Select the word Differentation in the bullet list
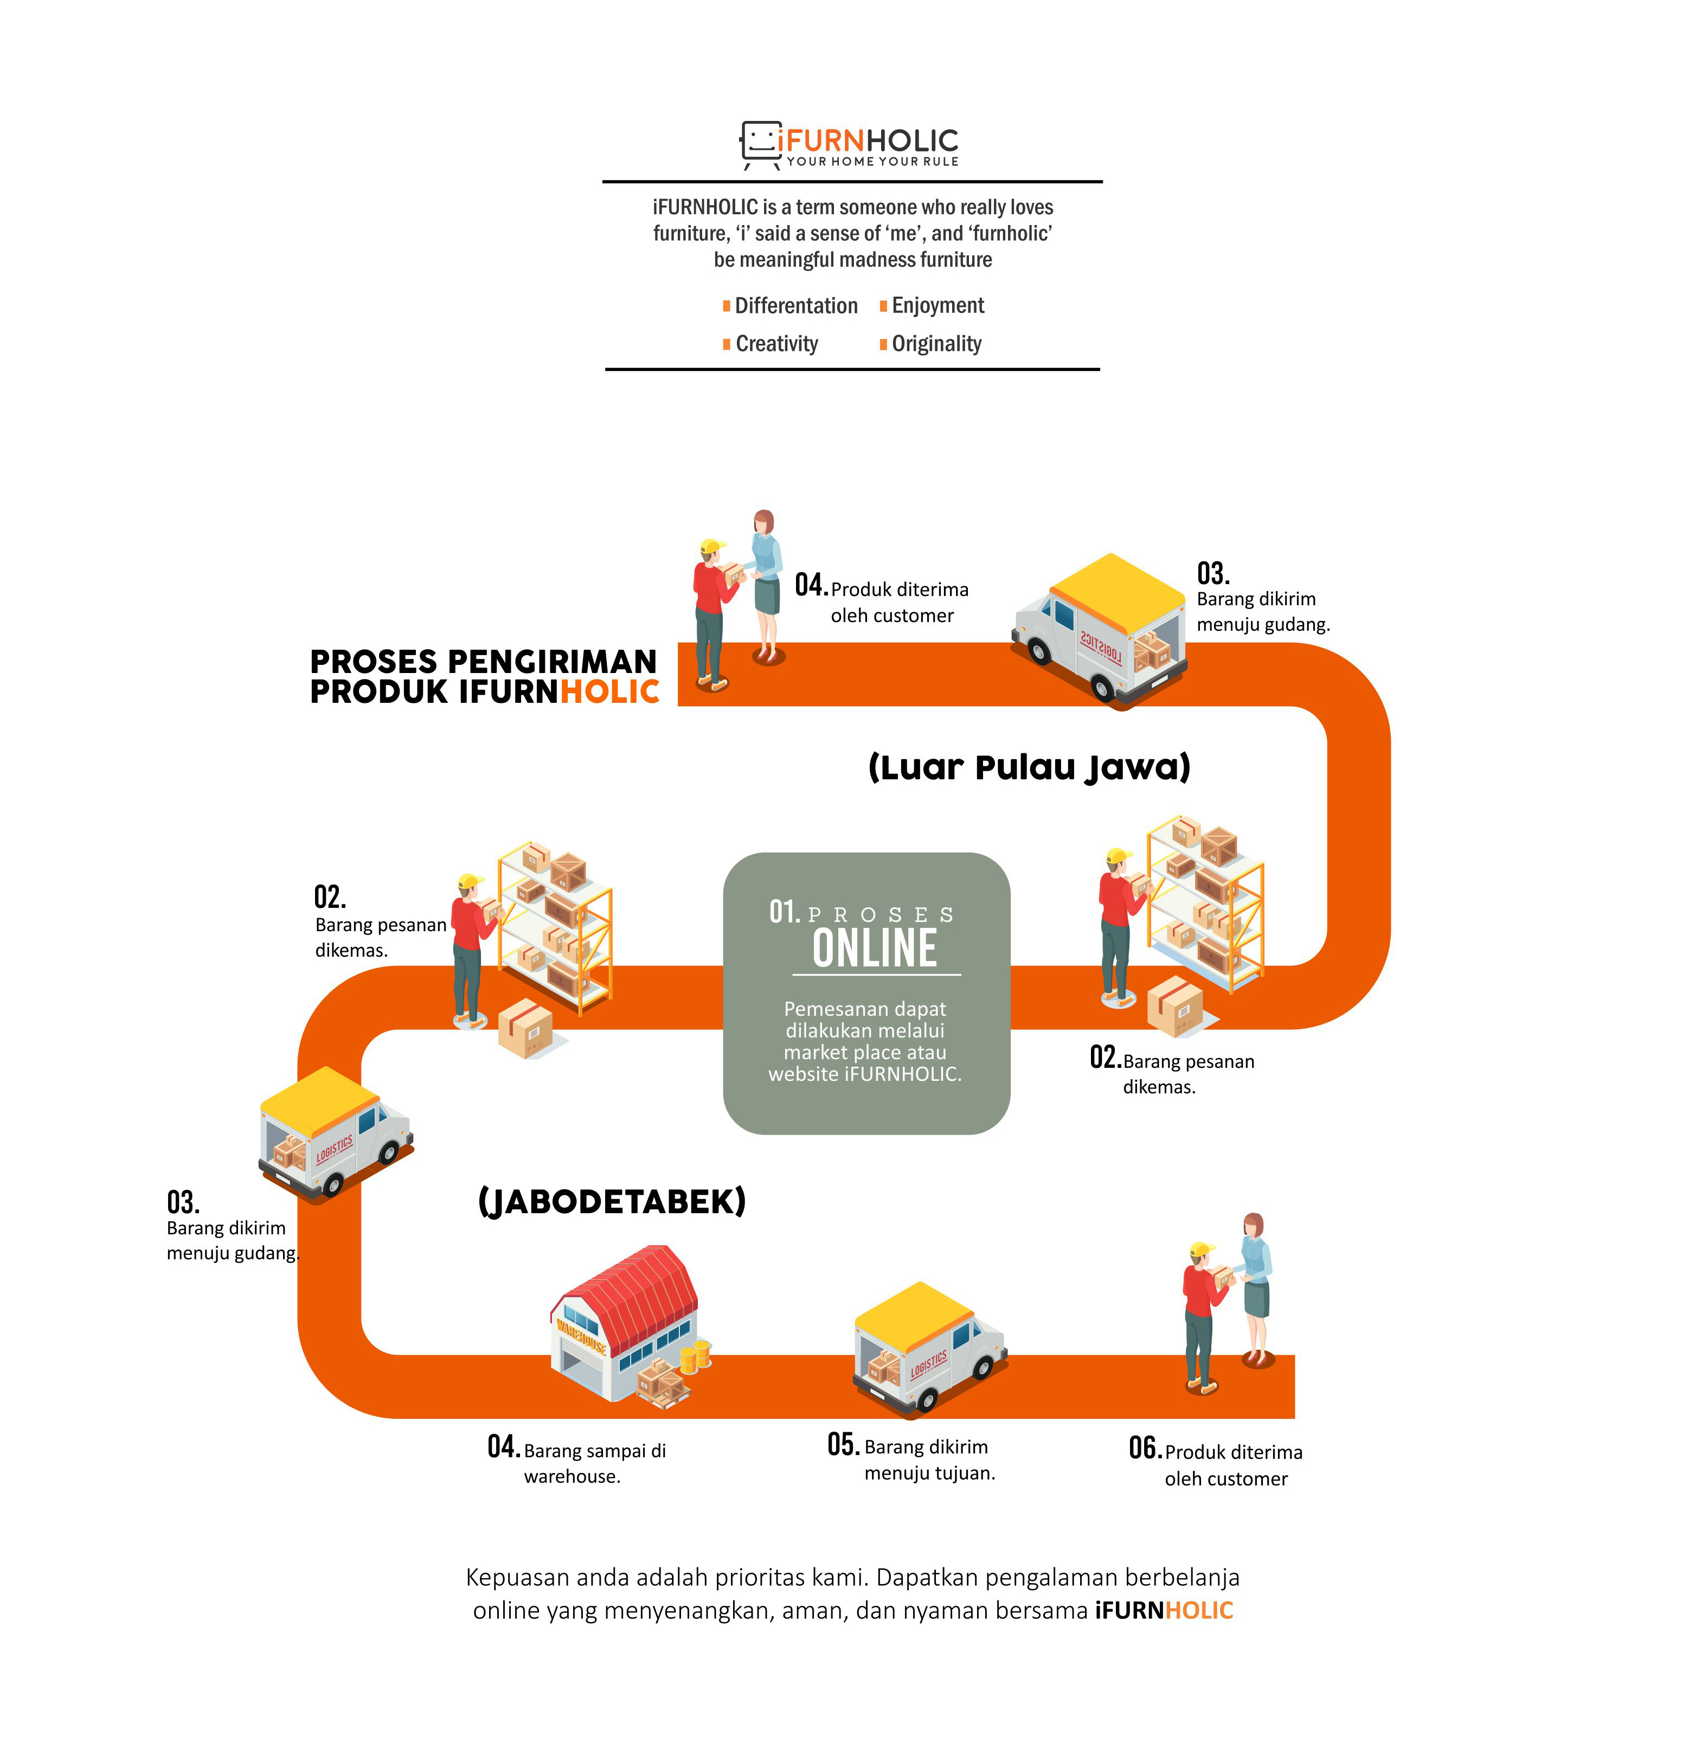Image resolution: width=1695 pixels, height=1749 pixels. (x=796, y=306)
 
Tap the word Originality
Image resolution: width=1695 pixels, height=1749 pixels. (x=937, y=344)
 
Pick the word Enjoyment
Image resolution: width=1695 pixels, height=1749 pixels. (x=938, y=306)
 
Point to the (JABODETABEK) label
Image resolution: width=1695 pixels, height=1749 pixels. (x=612, y=1201)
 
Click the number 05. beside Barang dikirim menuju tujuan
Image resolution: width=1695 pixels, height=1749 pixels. (x=843, y=1444)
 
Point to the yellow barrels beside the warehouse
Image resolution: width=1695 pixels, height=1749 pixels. (x=696, y=1355)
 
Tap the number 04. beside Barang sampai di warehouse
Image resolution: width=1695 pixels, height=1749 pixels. (x=503, y=1446)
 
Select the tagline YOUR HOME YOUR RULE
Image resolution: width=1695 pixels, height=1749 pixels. (x=872, y=162)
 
